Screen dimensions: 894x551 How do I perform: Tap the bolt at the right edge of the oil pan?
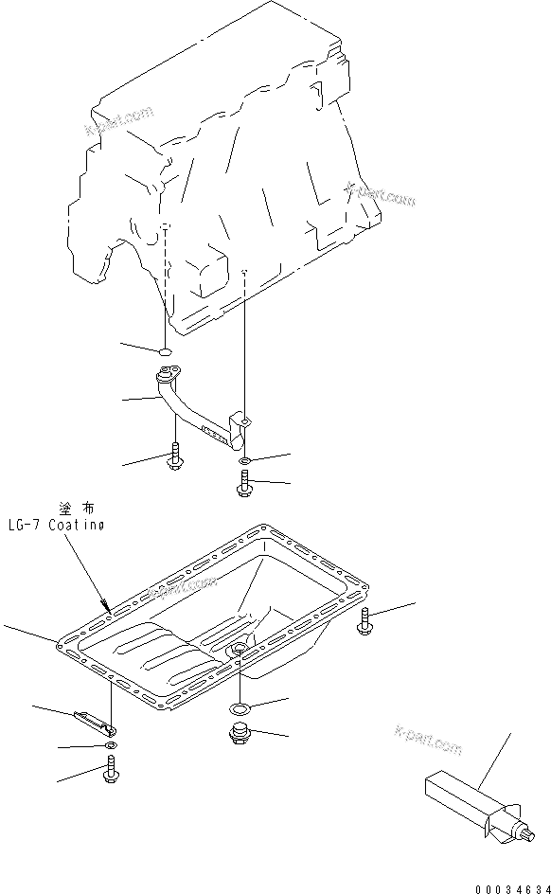[x=366, y=621]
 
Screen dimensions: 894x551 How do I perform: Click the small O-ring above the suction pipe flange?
[x=165, y=353]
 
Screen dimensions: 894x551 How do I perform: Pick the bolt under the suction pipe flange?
[x=175, y=456]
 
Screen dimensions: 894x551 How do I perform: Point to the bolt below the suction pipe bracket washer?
[x=243, y=485]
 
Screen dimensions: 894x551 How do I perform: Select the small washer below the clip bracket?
[x=111, y=748]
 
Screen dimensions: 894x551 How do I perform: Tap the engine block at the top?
[x=227, y=161]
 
